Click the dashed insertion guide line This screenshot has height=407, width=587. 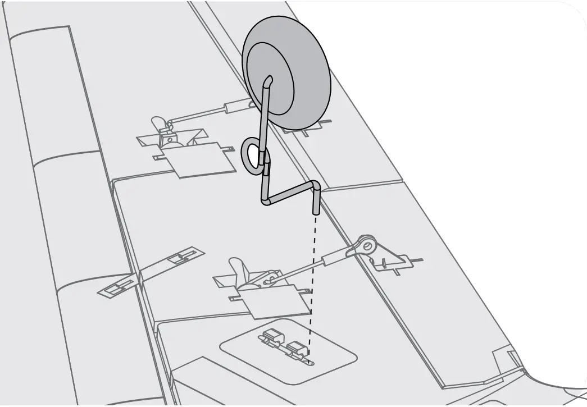[x=313, y=281]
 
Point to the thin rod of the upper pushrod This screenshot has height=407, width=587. [x=197, y=115]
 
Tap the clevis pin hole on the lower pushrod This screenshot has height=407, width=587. [x=368, y=244]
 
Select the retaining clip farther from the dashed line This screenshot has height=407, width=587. [x=271, y=336]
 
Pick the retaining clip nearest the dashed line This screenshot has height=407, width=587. [x=296, y=349]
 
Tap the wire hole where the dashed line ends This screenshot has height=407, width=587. [x=308, y=360]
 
